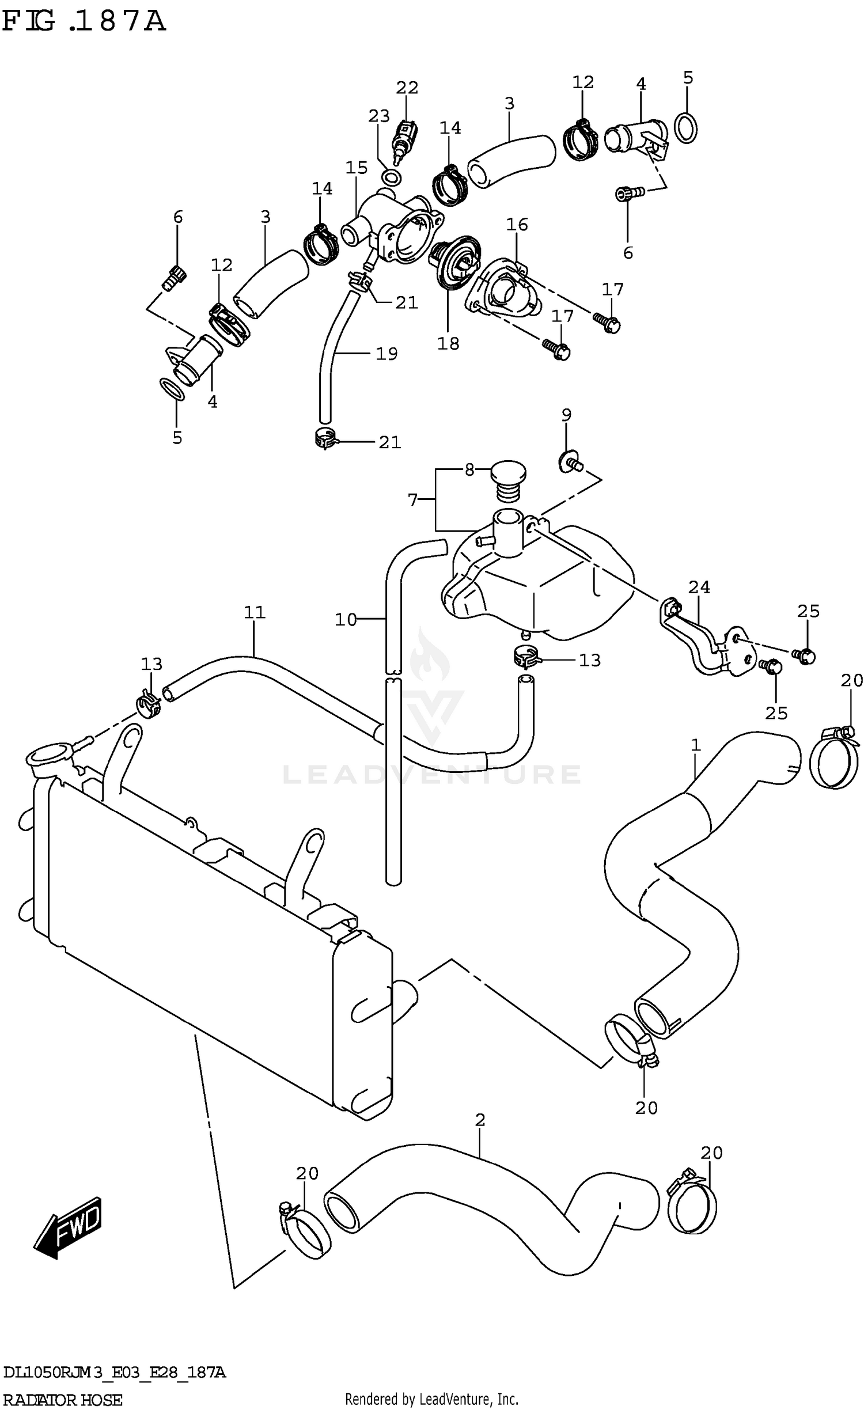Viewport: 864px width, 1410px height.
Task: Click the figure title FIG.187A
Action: tap(84, 21)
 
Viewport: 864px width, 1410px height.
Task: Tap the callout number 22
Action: tap(407, 88)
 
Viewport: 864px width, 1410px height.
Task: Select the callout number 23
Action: tap(379, 116)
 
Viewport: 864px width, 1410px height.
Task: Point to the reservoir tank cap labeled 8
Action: tap(508, 473)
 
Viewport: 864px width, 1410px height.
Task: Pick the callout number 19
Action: tap(386, 354)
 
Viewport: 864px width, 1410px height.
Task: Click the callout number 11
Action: tap(254, 612)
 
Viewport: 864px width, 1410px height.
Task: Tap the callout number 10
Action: tap(346, 620)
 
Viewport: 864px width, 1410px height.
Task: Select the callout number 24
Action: tap(699, 587)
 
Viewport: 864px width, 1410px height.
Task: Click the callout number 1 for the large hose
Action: tap(695, 745)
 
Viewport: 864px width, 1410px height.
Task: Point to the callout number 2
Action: tap(480, 1120)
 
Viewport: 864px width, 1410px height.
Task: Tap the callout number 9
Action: tap(566, 415)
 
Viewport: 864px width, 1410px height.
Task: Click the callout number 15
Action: tap(357, 168)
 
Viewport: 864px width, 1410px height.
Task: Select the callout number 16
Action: tap(517, 224)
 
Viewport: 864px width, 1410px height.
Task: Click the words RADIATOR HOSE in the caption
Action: tap(62, 1400)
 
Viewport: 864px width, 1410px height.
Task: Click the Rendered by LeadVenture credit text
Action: tap(431, 1398)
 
